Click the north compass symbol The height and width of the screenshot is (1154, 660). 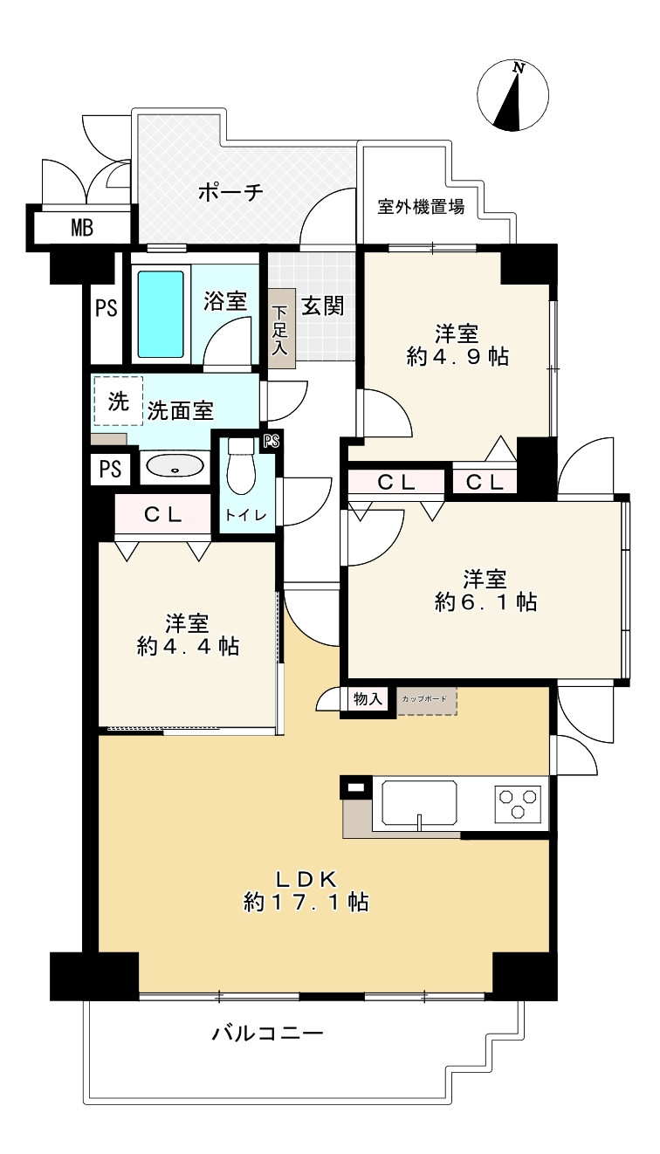[513, 96]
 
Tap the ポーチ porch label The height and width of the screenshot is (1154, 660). [230, 192]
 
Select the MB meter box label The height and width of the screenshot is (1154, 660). [82, 230]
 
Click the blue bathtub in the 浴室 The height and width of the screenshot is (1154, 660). [161, 313]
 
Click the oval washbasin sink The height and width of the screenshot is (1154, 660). [175, 468]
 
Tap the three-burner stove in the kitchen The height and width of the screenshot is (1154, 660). [519, 802]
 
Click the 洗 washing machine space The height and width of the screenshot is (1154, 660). [117, 401]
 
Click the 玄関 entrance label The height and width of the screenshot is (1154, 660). [322, 306]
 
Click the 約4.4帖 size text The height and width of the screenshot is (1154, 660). [188, 646]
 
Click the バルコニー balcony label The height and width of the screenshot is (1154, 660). [267, 1034]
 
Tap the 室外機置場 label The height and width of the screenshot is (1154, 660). [421, 207]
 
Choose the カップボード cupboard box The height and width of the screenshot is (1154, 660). [427, 701]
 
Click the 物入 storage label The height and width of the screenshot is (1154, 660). [368, 699]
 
